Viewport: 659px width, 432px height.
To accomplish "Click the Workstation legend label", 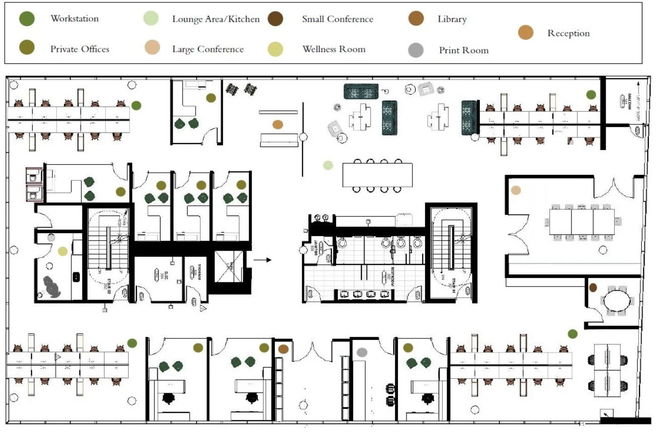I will [x=74, y=19].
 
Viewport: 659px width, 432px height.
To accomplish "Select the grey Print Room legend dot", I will [x=416, y=50].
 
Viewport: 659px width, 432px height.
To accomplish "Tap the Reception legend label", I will [x=568, y=33].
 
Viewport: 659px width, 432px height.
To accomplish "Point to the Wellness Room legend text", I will [x=334, y=49].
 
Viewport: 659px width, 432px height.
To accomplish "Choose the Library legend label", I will [x=452, y=19].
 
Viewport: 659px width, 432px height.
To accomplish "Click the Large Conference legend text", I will [x=208, y=49].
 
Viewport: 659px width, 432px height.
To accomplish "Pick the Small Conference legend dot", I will [x=276, y=19].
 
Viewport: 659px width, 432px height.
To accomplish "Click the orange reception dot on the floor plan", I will [x=278, y=124].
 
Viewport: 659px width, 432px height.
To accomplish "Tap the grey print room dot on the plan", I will [x=362, y=352].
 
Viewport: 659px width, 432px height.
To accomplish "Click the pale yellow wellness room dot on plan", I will [x=62, y=251].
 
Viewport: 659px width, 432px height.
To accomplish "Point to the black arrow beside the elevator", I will [x=262, y=260].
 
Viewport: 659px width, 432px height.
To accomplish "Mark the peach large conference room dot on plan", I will [x=516, y=190].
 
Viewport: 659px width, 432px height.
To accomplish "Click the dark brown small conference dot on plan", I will [x=593, y=287].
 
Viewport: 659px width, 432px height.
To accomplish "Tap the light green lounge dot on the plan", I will [x=328, y=165].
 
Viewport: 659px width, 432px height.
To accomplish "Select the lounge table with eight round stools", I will [x=377, y=175].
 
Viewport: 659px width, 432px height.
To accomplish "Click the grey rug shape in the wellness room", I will [x=52, y=287].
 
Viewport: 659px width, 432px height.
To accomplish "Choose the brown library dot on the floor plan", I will [x=283, y=348].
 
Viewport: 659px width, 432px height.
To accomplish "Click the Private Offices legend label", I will [x=79, y=49].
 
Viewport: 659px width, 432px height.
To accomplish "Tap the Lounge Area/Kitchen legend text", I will [x=216, y=19].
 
